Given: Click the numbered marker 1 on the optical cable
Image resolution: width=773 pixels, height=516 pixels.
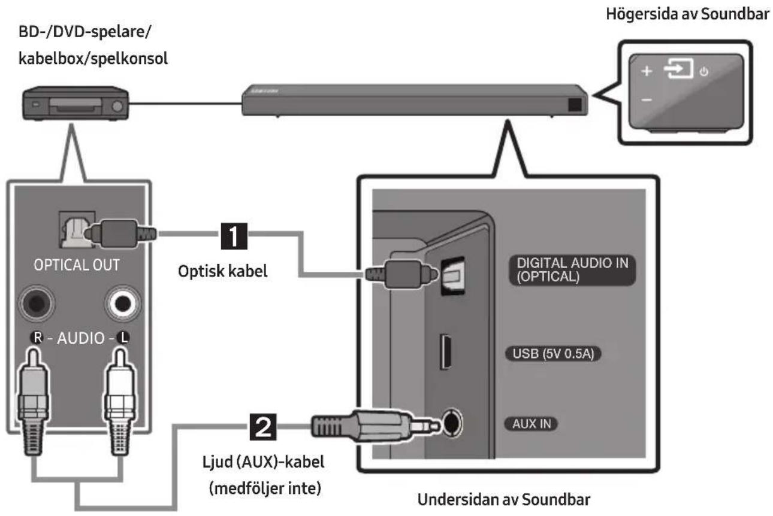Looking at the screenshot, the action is pos(234,236).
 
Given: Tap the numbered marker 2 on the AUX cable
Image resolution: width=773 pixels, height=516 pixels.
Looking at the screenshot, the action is pos(263,427).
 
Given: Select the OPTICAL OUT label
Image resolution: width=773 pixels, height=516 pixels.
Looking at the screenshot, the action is pos(77,265).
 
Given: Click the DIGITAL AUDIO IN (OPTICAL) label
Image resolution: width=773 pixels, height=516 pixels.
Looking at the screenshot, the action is pos(572,270).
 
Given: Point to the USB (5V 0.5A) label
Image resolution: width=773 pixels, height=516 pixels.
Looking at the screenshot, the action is pos(553,354).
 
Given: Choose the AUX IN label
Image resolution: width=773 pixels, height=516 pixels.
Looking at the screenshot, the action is pos(532,424).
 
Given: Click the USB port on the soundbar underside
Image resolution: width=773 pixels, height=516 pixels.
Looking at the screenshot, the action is pos(445,351).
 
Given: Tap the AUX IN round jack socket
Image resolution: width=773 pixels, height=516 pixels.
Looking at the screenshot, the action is pos(452,423).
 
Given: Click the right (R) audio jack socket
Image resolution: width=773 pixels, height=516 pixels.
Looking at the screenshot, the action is pos(37,303).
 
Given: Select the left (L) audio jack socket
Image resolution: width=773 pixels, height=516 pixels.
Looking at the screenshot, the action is pos(122,303).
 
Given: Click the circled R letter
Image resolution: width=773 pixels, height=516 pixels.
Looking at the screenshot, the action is pos(37,338).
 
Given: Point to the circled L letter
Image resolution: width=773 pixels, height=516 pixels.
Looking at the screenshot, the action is pos(123,338).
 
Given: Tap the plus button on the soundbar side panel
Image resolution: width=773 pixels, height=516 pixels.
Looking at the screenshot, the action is pos(647,71).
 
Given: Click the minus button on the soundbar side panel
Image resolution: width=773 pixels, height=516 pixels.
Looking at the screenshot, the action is pos(647,101).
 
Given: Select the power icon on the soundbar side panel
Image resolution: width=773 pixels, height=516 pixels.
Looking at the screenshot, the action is pos(704,72).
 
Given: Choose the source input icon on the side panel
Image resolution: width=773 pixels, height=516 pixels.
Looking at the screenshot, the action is pos(678,68).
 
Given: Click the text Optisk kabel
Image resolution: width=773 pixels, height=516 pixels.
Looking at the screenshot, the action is pos(222,271).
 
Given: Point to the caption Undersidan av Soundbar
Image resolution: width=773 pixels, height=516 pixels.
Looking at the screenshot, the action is pos(504,499).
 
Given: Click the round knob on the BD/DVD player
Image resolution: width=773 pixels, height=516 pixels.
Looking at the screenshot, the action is pos(117,106).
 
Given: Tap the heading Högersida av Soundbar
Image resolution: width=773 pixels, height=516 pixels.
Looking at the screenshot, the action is pos(687,14).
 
